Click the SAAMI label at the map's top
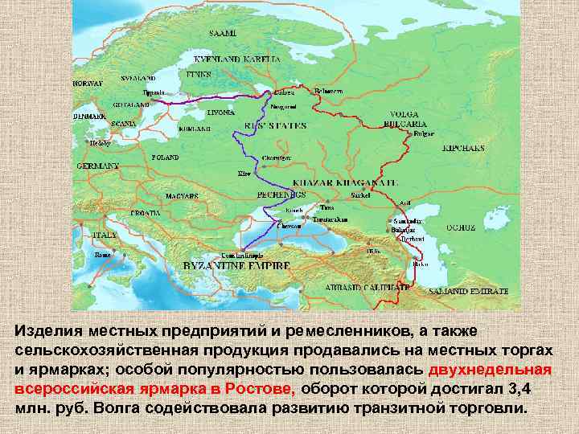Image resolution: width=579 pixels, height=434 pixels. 223,33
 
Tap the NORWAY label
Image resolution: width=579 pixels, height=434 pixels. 88,84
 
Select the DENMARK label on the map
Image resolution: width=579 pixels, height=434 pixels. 88,116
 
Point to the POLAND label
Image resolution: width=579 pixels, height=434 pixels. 164,158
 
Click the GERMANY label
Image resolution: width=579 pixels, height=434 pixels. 97,166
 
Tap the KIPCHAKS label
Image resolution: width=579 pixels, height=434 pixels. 463,149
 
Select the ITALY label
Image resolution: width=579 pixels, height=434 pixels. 104,235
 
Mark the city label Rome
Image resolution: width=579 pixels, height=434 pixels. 102,255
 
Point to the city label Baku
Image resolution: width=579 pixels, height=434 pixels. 420,264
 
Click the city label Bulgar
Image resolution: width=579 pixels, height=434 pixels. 424,135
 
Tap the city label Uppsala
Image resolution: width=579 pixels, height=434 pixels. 154,93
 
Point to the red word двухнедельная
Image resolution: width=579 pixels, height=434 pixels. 490,370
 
